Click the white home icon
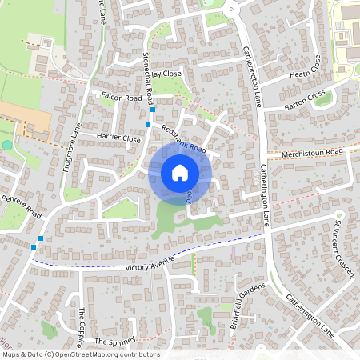[180, 172]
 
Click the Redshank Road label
[183, 138]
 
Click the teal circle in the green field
[8, 145]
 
